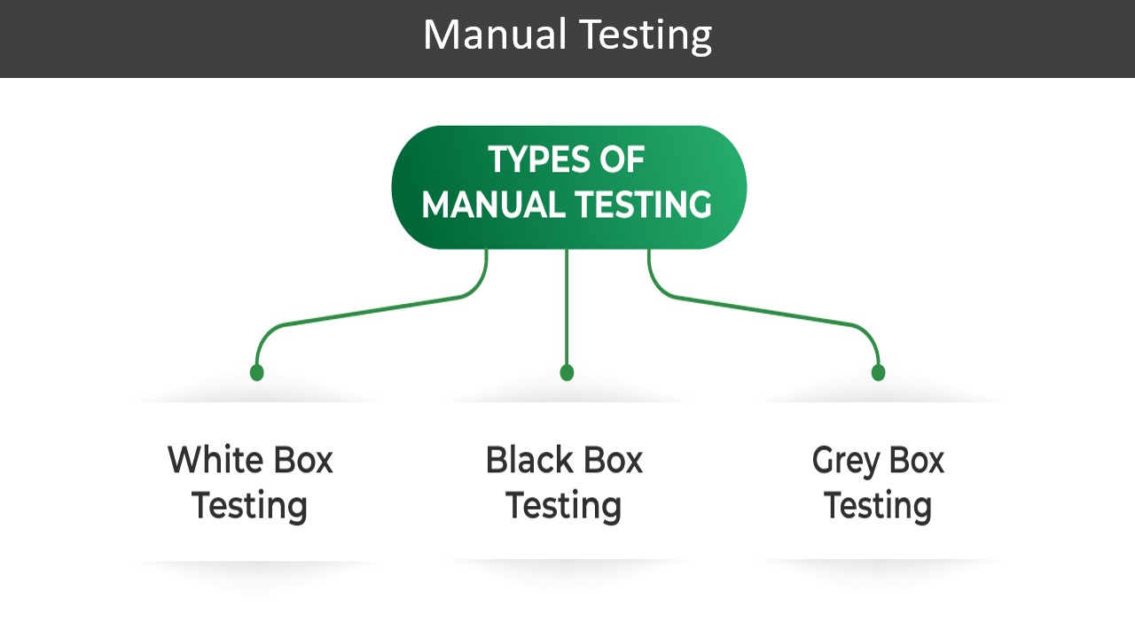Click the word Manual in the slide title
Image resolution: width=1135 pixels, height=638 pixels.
point(494,35)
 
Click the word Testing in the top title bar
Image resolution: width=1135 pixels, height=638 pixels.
point(645,35)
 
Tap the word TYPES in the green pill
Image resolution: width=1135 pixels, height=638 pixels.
point(530,160)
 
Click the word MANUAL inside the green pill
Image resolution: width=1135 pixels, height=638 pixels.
point(492,206)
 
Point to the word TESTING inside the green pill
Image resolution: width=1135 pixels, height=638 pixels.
point(641,206)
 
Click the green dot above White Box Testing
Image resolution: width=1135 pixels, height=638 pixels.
point(256,372)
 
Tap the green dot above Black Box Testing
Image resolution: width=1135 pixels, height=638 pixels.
point(567,372)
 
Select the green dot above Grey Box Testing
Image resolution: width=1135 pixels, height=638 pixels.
point(878,372)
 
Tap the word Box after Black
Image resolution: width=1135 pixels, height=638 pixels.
point(610,461)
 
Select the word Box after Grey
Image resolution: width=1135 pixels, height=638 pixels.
point(914,461)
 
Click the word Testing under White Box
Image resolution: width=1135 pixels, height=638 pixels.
point(249,506)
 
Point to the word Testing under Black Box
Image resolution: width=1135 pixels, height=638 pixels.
point(563,506)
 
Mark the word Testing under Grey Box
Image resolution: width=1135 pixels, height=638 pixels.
point(877,506)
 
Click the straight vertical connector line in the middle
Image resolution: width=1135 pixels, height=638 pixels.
point(567,310)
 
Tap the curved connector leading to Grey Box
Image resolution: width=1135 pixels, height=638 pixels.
point(763,309)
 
